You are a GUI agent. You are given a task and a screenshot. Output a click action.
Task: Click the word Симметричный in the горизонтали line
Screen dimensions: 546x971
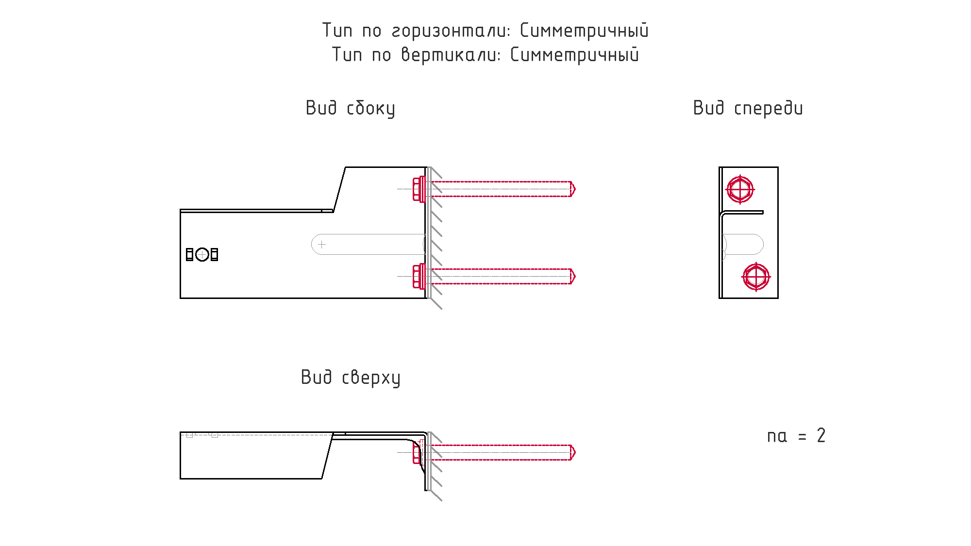tap(584, 31)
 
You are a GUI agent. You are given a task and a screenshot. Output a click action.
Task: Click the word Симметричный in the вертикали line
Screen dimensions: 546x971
tap(574, 55)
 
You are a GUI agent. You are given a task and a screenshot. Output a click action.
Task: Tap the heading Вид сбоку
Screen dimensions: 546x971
tap(350, 108)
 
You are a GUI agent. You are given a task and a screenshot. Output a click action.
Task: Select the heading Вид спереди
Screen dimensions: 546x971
tap(748, 108)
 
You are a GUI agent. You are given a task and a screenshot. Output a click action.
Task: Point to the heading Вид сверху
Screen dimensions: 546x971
tap(351, 378)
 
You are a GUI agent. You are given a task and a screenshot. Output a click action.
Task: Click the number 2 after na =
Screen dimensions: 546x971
tap(821, 436)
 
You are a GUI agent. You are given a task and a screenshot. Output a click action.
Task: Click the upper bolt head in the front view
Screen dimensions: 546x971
tap(740, 189)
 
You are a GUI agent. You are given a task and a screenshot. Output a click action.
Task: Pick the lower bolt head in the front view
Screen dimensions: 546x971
tap(756, 277)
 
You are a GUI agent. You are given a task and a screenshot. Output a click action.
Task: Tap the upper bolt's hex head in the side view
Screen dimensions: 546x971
tap(417, 189)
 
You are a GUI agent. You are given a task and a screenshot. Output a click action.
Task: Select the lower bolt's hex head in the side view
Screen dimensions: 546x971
tap(417, 276)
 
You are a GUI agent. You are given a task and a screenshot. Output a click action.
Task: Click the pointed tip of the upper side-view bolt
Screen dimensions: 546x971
tap(573, 189)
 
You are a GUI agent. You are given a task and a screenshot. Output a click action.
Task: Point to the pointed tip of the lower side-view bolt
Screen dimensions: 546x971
tap(573, 276)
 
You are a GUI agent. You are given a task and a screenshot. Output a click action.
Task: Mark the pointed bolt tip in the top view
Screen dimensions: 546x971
tap(573, 452)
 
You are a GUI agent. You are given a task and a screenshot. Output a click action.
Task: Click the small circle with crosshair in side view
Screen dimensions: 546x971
tap(202, 254)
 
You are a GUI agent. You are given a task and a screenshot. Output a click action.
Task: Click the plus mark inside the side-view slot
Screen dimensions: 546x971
tap(322, 244)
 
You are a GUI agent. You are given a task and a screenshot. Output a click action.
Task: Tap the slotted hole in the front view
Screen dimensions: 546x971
tap(743, 244)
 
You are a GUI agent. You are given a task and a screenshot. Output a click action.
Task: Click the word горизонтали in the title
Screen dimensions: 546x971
tap(451, 31)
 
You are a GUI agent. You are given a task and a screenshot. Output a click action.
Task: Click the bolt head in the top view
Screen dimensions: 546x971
tap(416, 452)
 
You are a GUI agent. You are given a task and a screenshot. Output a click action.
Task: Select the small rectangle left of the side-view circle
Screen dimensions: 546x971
tap(190, 254)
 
